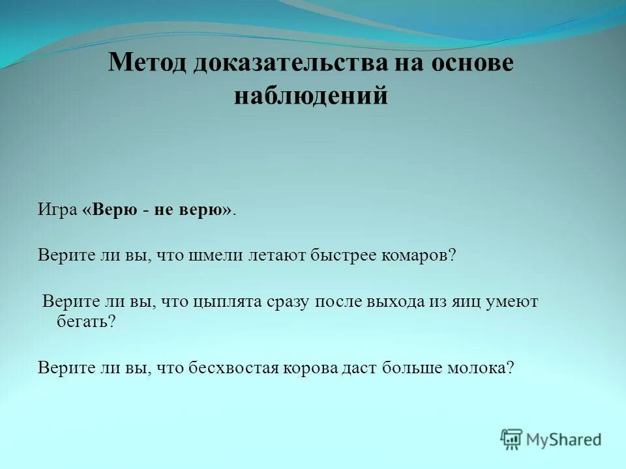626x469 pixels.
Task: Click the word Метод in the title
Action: coord(147,63)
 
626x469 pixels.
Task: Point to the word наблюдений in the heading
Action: coord(311,96)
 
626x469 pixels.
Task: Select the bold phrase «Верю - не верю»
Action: coord(157,210)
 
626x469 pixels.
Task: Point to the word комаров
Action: coord(419,255)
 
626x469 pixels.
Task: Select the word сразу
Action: coord(290,302)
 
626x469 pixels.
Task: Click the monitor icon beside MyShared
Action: coord(512,439)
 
